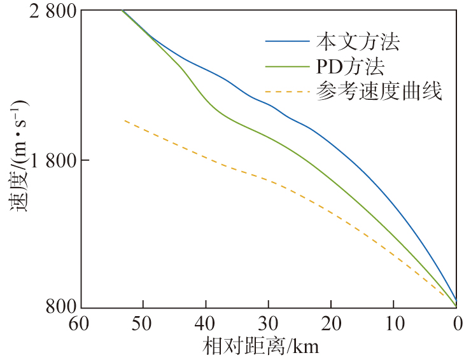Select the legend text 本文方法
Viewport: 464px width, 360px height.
[x=358, y=43]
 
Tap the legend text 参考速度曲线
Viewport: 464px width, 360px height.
[x=378, y=91]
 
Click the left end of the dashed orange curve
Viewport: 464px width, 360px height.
[x=124, y=120]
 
